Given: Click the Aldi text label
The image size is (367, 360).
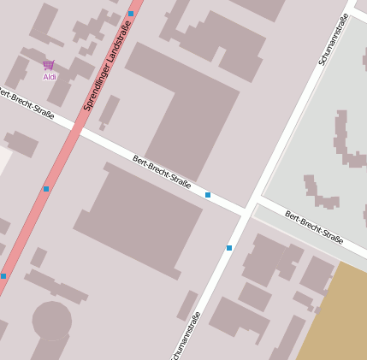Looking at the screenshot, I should [x=49, y=77].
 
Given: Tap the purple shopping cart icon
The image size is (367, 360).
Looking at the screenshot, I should [x=49, y=65].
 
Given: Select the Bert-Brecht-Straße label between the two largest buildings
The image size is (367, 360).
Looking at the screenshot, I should [x=162, y=172].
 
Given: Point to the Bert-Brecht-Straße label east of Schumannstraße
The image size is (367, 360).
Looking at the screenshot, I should [x=314, y=227].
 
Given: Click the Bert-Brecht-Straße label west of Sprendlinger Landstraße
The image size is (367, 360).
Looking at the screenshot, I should [x=26, y=103].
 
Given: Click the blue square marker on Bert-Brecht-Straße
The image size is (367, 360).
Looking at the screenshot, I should [x=208, y=195].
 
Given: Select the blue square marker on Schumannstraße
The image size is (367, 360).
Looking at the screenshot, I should [x=229, y=248].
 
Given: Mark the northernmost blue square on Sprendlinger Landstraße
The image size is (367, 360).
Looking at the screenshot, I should [x=131, y=14].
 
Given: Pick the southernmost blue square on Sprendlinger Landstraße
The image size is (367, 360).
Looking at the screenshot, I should [x=3, y=275].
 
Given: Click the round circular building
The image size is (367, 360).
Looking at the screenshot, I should [x=51, y=321].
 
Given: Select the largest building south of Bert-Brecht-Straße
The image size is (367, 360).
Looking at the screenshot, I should [x=140, y=217].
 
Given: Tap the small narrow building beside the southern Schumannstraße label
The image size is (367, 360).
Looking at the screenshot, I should [x=187, y=304].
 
